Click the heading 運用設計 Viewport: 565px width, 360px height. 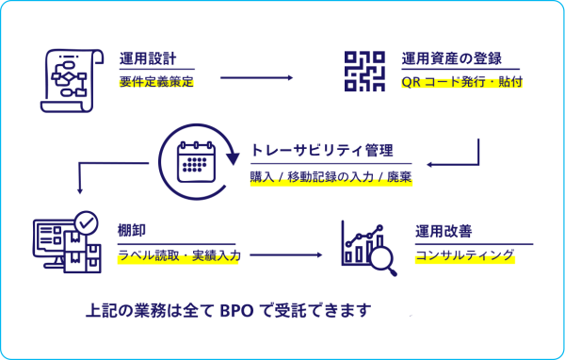tap(148, 58)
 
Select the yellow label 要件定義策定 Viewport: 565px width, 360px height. tap(156, 82)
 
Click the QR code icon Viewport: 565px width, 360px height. tap(363, 73)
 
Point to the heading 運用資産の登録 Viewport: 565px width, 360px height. tap(451, 58)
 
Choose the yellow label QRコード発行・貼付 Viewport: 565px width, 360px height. tap(461, 82)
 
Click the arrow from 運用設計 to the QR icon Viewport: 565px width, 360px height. tap(256, 77)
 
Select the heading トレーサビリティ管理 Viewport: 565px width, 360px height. tap(321, 150)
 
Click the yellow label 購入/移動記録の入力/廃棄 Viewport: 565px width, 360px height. tap(331, 176)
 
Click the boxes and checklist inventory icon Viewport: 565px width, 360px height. tap(67, 240)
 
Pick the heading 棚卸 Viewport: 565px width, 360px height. tap(131, 229)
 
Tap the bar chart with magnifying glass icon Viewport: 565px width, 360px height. tap(368, 243)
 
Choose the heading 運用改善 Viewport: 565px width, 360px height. tap(444, 230)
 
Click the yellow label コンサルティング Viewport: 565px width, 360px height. tap(465, 254)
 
